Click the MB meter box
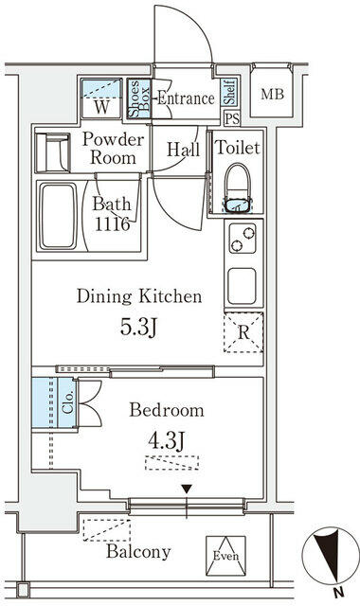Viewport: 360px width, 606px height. (x=273, y=95)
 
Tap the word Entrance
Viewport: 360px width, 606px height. (x=186, y=98)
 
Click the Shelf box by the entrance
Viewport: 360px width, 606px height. (x=229, y=93)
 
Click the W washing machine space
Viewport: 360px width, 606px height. (x=100, y=106)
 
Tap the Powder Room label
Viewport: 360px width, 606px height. (x=114, y=149)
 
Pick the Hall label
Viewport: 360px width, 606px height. (x=182, y=149)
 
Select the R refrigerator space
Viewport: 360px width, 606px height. (x=243, y=332)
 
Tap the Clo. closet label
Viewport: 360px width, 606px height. (x=67, y=404)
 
